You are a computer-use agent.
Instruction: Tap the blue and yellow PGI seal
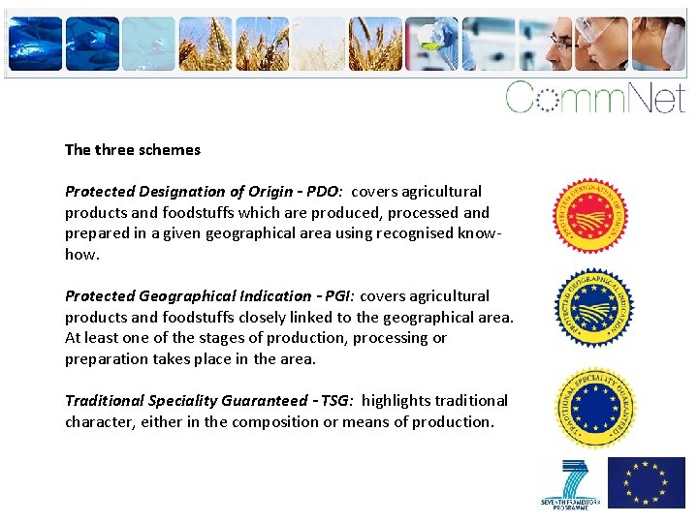click(593, 308)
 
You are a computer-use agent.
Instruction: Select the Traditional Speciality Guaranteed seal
click(593, 406)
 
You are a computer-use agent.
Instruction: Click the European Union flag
click(646, 482)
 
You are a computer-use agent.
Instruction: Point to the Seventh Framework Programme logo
click(571, 482)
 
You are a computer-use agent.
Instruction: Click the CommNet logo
click(595, 97)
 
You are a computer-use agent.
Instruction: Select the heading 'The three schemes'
click(133, 150)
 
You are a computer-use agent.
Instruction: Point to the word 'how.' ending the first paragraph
click(81, 255)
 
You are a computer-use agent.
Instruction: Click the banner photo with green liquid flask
click(431, 45)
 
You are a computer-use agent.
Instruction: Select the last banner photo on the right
click(659, 45)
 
